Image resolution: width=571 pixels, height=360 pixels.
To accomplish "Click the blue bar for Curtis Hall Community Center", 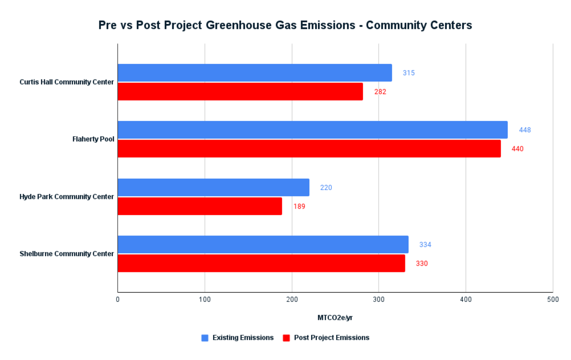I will pos(255,73).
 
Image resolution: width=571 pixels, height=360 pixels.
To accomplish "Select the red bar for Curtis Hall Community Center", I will pos(240,91).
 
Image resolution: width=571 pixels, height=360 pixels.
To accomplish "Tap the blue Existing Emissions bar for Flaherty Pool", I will pos(312,130).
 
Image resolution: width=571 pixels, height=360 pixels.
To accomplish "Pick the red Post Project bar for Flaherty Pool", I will pos(309,149).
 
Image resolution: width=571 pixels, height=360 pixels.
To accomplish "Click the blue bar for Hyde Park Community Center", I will pos(213,187).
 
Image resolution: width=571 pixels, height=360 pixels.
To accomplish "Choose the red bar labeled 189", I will pos(200,206).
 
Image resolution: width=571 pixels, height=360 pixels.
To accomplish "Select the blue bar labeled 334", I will pos(263,244).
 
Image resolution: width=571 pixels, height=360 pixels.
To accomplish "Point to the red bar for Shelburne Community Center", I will pos(261,263).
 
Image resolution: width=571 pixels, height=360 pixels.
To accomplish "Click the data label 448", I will pos(525,130).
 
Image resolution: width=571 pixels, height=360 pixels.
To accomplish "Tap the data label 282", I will pos(380,92).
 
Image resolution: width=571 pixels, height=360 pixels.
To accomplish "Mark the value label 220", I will pos(326,188).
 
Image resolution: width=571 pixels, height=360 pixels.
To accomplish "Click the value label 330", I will pos(422,263).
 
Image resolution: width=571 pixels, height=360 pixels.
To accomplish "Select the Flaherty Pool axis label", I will pos(93,139).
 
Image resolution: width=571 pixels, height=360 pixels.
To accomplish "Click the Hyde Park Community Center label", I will pos(67,197).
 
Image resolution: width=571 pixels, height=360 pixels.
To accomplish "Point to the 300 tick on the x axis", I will pos(379,299).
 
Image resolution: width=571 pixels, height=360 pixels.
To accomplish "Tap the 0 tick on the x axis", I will pos(118,299).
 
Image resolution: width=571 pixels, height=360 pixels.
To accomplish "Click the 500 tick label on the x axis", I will pos(552,299).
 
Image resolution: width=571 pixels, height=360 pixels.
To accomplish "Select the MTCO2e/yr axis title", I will pos(335,318).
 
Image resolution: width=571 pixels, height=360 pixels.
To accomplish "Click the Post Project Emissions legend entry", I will pos(331,338).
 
